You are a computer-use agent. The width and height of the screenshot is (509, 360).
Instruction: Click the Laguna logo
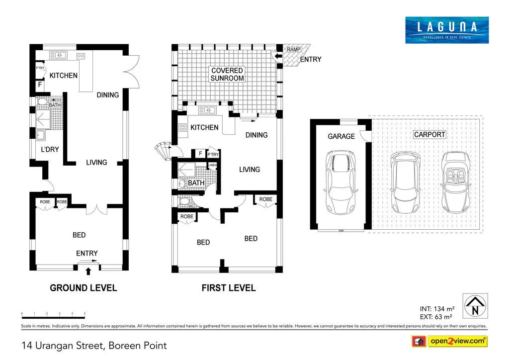(446, 30)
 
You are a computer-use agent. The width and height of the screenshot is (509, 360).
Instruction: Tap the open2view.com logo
(449, 341)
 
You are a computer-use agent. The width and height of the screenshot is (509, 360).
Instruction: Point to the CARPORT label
(429, 135)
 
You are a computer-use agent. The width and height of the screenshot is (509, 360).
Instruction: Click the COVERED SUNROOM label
(227, 75)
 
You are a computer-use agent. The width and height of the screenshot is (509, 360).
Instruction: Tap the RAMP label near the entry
(292, 50)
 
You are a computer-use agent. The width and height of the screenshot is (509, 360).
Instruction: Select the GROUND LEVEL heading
(84, 288)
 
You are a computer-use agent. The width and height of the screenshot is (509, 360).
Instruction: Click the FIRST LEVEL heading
(228, 288)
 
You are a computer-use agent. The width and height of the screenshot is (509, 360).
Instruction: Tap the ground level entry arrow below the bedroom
(88, 270)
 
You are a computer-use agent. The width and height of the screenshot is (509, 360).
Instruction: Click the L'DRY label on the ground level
(50, 149)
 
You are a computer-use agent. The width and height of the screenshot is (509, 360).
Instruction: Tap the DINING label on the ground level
(108, 95)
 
